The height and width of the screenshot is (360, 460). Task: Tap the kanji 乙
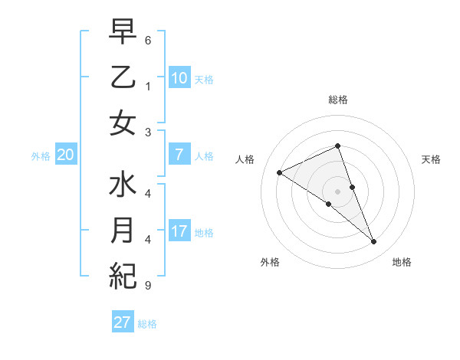tap(123, 78)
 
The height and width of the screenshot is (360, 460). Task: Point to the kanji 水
tap(123, 186)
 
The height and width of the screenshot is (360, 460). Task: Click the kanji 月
tap(123, 231)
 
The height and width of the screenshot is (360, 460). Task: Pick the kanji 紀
tap(123, 275)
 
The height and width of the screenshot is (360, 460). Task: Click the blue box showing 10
tap(179, 78)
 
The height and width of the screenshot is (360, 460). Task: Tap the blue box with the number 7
tap(179, 155)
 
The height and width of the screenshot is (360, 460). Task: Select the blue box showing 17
tap(179, 231)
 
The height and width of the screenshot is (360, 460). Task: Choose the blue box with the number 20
tap(65, 155)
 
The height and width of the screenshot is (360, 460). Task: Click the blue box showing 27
tap(123, 322)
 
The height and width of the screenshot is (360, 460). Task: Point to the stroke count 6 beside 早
tap(148, 40)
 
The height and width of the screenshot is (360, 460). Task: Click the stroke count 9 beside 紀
tap(148, 286)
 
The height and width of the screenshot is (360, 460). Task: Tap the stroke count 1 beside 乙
tap(148, 87)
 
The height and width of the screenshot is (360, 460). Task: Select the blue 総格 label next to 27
tap(147, 324)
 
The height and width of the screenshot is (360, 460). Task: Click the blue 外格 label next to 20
tap(41, 156)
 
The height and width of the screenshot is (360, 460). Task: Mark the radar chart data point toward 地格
tap(374, 242)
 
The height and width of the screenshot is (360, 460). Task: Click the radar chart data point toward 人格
tap(279, 172)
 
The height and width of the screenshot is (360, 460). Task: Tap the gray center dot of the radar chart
tap(337, 191)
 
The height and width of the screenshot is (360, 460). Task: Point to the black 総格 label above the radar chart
tap(338, 100)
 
